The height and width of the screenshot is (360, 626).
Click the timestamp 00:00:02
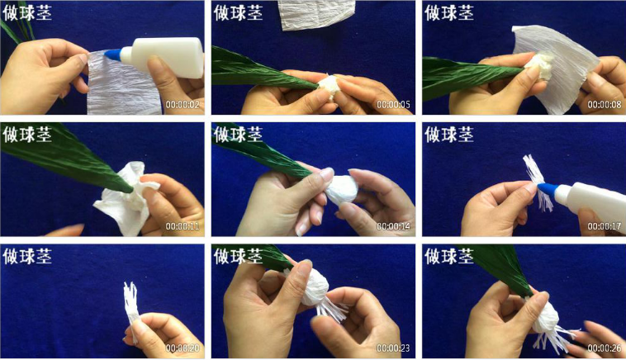[183, 105]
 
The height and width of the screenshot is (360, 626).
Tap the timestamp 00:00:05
[393, 105]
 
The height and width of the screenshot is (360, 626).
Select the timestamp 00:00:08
[604, 105]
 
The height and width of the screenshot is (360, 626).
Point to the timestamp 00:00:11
[183, 226]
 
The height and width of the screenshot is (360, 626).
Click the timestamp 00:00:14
[393, 226]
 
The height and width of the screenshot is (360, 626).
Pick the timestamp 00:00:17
[604, 226]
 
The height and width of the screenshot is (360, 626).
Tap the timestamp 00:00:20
[183, 348]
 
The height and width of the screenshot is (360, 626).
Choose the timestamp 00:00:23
[393, 348]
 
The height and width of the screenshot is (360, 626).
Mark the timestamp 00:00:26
[604, 348]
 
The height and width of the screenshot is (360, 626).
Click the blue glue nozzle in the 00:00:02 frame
[113, 54]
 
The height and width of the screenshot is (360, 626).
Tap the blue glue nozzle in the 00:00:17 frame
[547, 189]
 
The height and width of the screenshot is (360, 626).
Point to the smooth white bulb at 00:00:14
[342, 189]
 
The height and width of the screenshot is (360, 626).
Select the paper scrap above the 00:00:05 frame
[316, 15]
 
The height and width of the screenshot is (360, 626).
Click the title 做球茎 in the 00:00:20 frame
[27, 256]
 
